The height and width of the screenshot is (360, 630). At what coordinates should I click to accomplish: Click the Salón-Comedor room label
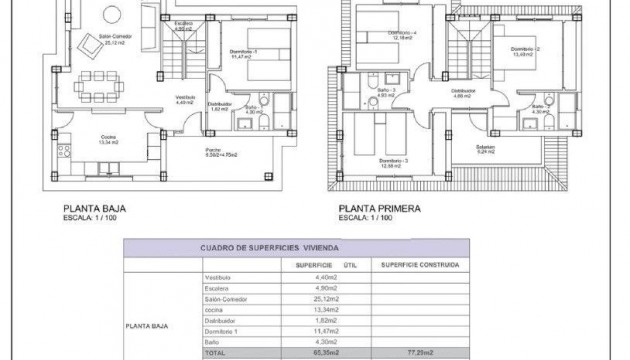113,39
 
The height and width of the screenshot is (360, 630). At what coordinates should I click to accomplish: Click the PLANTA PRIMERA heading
379,210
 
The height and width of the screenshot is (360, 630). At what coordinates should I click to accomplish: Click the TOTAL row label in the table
216,353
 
